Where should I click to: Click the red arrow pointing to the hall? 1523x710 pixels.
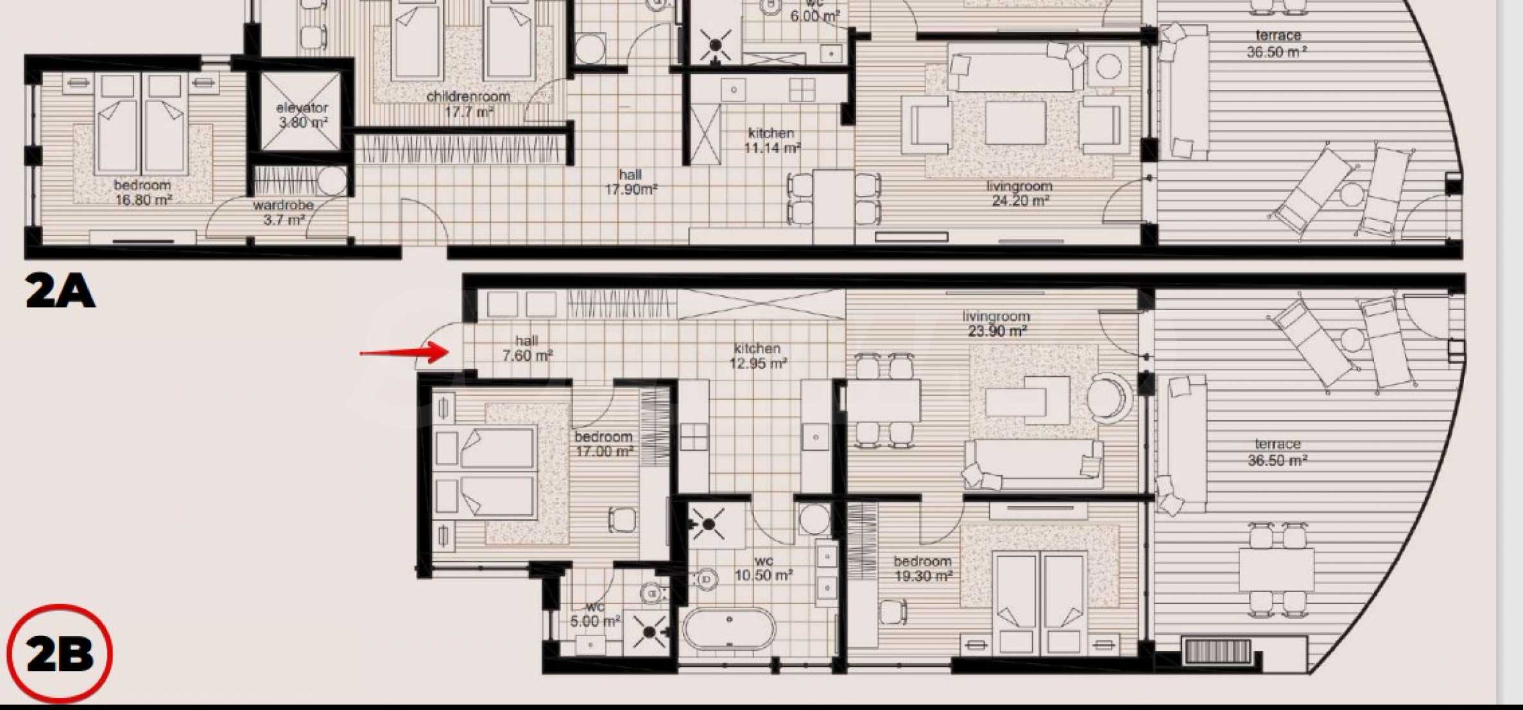click(x=404, y=352)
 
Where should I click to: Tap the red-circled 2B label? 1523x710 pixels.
click(x=60, y=654)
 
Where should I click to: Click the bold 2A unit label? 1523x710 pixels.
click(x=60, y=291)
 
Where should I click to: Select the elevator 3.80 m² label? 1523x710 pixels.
click(x=302, y=115)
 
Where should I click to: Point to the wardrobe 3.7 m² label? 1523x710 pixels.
click(x=283, y=212)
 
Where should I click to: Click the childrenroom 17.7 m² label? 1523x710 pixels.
click(x=469, y=104)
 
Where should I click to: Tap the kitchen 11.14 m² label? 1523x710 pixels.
click(x=771, y=141)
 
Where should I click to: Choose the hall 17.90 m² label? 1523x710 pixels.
click(x=631, y=182)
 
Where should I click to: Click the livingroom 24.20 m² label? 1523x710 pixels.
click(x=1020, y=193)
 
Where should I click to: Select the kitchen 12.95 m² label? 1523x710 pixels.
click(x=758, y=356)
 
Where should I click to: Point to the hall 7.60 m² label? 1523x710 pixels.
click(x=527, y=348)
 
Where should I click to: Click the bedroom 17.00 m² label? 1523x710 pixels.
click(x=604, y=444)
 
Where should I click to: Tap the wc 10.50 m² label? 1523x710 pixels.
click(x=763, y=568)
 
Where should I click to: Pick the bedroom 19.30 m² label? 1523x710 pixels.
click(x=923, y=568)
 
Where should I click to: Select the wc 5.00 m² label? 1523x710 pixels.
click(x=595, y=614)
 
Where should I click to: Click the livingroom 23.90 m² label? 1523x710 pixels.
click(x=997, y=324)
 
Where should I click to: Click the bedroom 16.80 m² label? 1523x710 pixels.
click(x=143, y=193)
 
